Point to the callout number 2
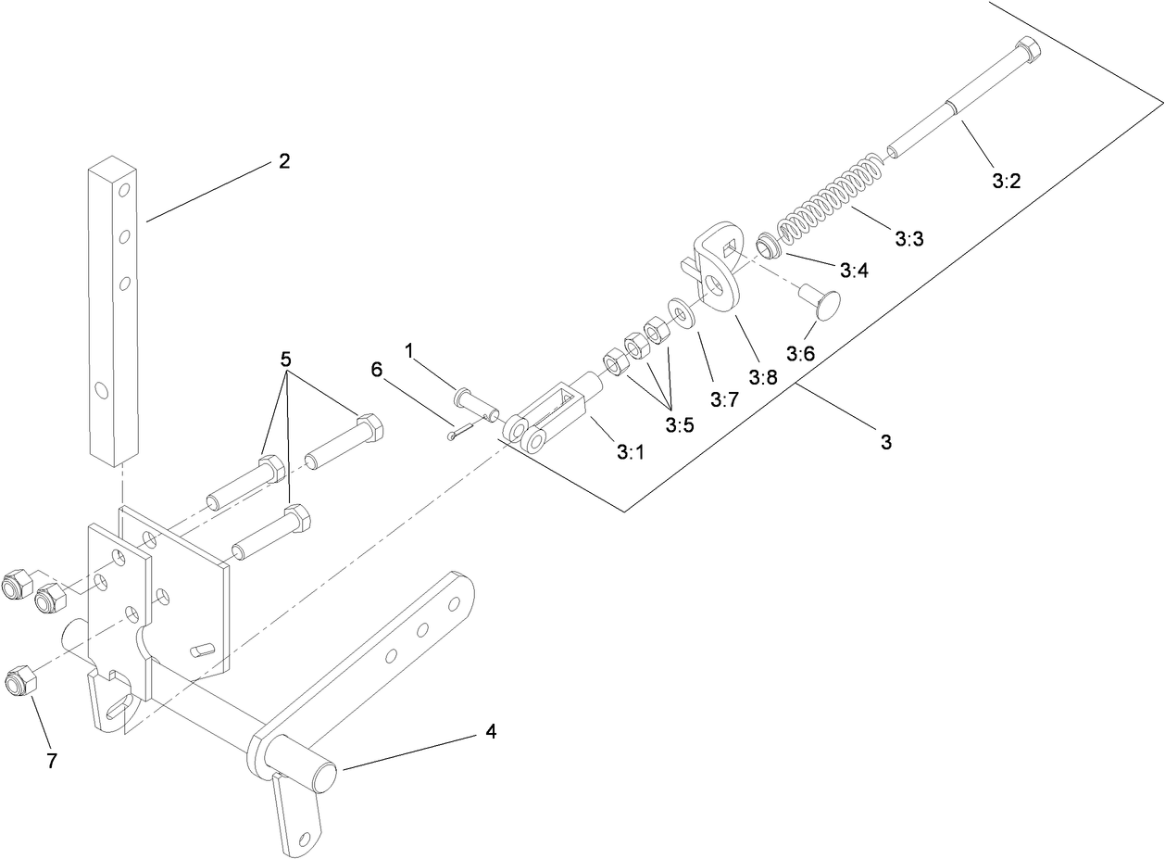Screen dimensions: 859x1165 click(x=284, y=161)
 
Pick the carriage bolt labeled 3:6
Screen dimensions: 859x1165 click(x=820, y=302)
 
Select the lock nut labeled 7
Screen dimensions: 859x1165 click(x=19, y=681)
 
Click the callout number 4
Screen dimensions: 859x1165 click(x=491, y=732)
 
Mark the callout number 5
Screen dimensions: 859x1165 click(x=286, y=358)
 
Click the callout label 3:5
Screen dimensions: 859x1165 click(x=679, y=424)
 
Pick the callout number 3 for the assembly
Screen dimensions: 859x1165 click(x=885, y=443)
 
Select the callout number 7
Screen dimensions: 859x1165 click(x=52, y=761)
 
